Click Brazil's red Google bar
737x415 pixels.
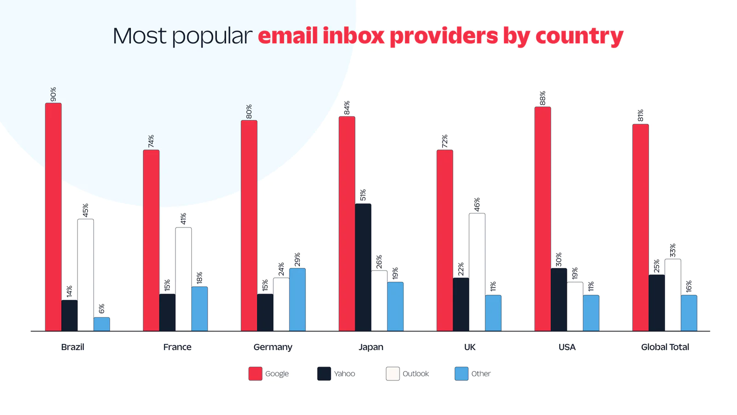point(53,217)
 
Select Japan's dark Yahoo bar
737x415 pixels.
point(363,267)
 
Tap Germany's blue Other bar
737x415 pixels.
point(297,300)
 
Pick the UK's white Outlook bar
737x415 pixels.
point(477,272)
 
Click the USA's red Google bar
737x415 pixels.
point(543,219)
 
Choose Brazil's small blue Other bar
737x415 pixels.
point(101,324)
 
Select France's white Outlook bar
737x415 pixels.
point(183,279)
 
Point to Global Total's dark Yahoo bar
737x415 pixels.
point(656,303)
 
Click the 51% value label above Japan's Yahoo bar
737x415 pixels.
point(363,195)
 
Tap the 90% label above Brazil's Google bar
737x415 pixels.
point(53,94)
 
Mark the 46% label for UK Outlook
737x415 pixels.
point(477,204)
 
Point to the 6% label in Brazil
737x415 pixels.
point(101,308)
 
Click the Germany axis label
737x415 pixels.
point(273,347)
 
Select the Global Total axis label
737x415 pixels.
point(665,347)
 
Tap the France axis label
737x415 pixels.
point(177,347)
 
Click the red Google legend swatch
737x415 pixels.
point(255,373)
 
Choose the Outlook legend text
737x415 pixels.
point(415,373)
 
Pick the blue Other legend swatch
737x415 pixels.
point(461,373)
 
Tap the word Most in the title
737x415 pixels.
point(140,36)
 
